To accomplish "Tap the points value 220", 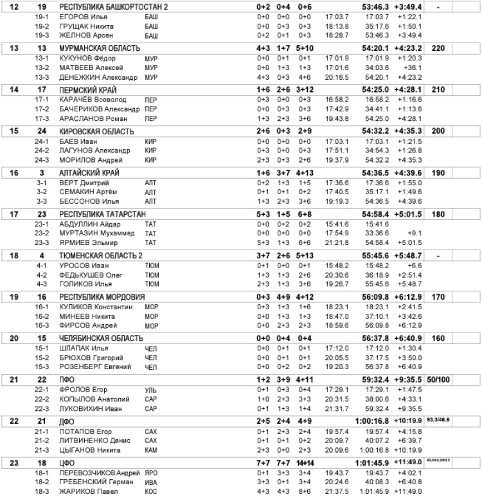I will click(438, 48).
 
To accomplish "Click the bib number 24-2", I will click(44, 150).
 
